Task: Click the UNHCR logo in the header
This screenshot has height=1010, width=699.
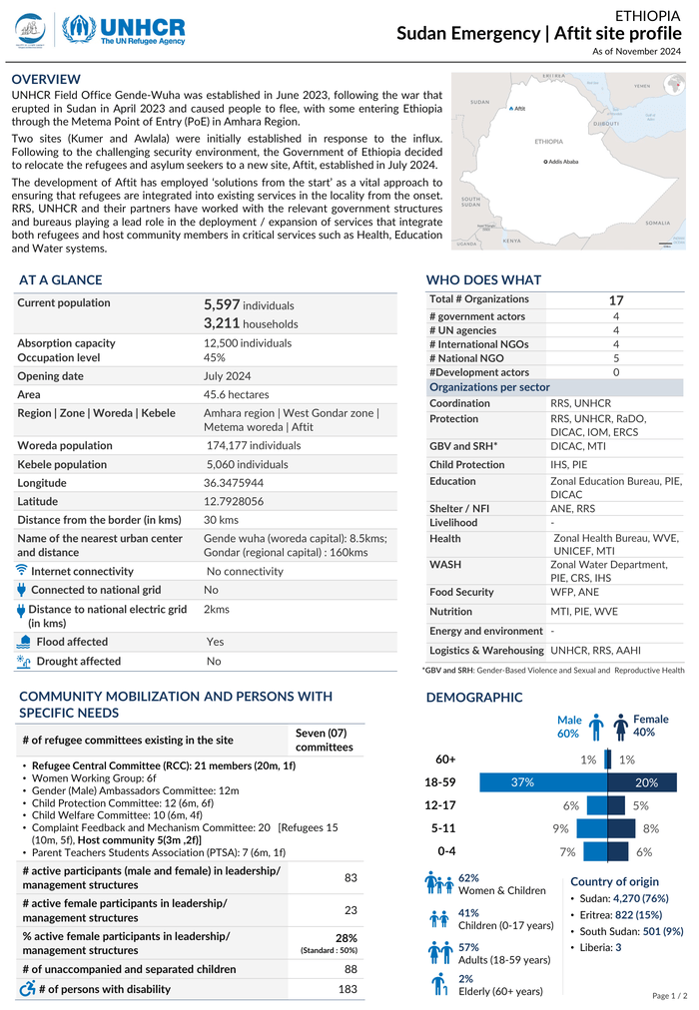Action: (124, 29)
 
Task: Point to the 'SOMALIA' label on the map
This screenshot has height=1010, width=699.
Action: (658, 223)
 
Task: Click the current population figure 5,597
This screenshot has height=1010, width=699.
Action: (222, 303)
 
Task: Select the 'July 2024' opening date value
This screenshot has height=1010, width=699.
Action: (227, 376)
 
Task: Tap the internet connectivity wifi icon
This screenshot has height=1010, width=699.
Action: (22, 571)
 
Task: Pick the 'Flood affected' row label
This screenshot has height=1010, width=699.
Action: (72, 642)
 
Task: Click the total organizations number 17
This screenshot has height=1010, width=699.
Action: (616, 300)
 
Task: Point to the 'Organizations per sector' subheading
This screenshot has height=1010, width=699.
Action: (489, 387)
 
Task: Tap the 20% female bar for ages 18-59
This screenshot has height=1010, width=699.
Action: (644, 783)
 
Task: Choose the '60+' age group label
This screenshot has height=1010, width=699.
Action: (445, 760)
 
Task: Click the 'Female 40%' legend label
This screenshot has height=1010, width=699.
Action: (650, 726)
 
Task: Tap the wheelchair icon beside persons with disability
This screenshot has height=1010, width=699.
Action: (27, 989)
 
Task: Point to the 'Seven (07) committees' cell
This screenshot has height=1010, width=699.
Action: (324, 740)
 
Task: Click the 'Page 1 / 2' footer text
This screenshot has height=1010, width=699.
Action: (668, 995)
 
